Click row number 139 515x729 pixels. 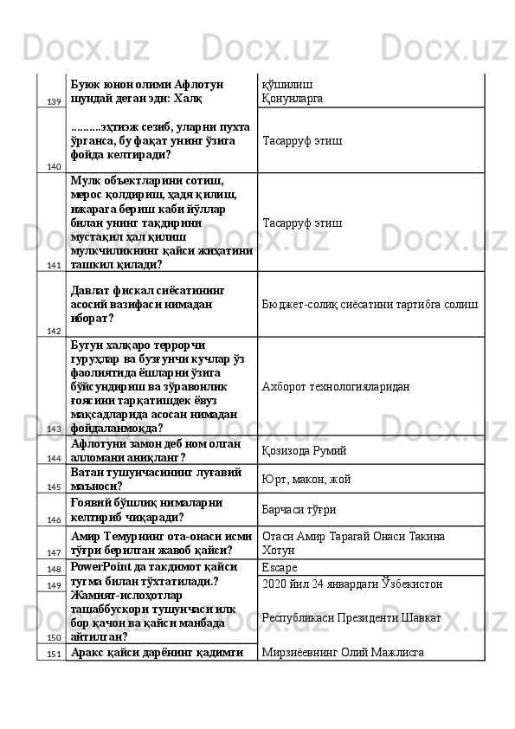[53, 102]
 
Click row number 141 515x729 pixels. [53, 266]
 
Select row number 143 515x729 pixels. [53, 429]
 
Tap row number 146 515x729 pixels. [53, 519]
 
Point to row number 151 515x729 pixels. [53, 654]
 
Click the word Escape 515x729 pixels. [279, 568]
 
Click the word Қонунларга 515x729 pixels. [293, 99]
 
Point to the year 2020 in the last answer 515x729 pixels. [274, 584]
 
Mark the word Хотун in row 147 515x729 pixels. [277, 551]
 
